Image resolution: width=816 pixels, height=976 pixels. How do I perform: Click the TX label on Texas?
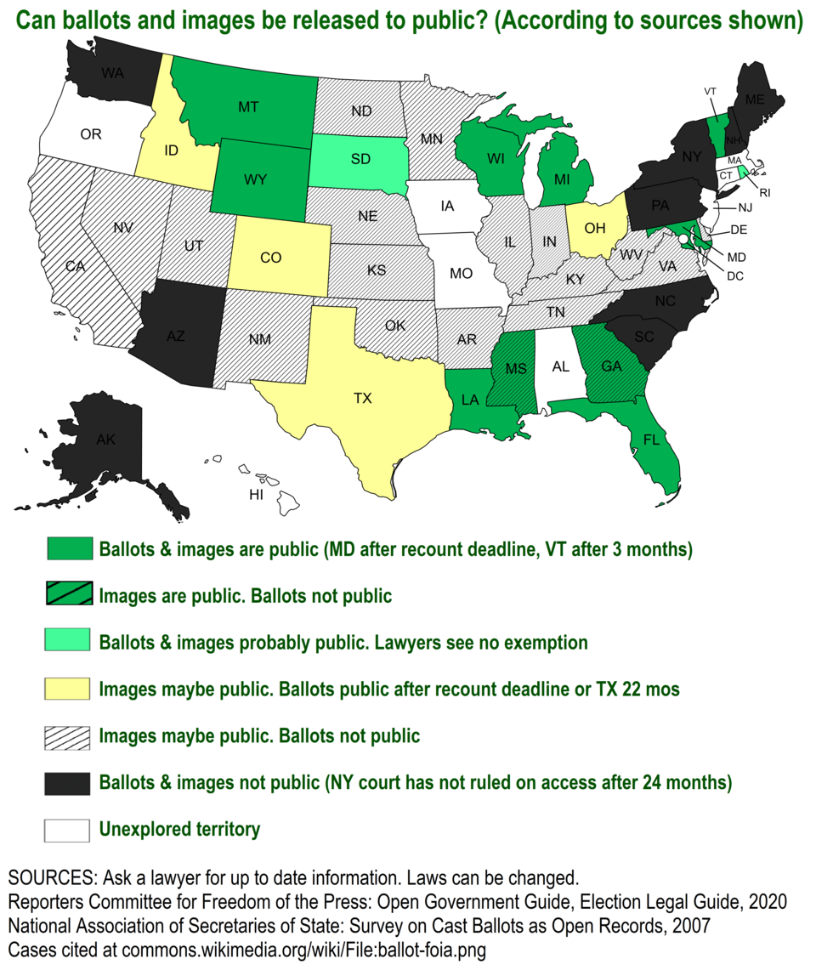point(363,396)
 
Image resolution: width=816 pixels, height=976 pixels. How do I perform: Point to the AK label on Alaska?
point(105,440)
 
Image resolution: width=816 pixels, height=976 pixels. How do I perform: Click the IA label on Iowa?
point(447,206)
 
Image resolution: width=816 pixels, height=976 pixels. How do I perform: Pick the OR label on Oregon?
point(91,134)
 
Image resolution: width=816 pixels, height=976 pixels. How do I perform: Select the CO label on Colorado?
point(270,258)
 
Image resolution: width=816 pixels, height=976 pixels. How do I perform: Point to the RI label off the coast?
point(764,193)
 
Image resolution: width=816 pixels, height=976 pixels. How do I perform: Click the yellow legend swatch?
point(68,689)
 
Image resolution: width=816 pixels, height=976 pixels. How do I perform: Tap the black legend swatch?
point(68,781)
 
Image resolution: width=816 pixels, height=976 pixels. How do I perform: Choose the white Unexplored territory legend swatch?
point(68,828)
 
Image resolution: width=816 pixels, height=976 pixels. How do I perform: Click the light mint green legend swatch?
point(68,642)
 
